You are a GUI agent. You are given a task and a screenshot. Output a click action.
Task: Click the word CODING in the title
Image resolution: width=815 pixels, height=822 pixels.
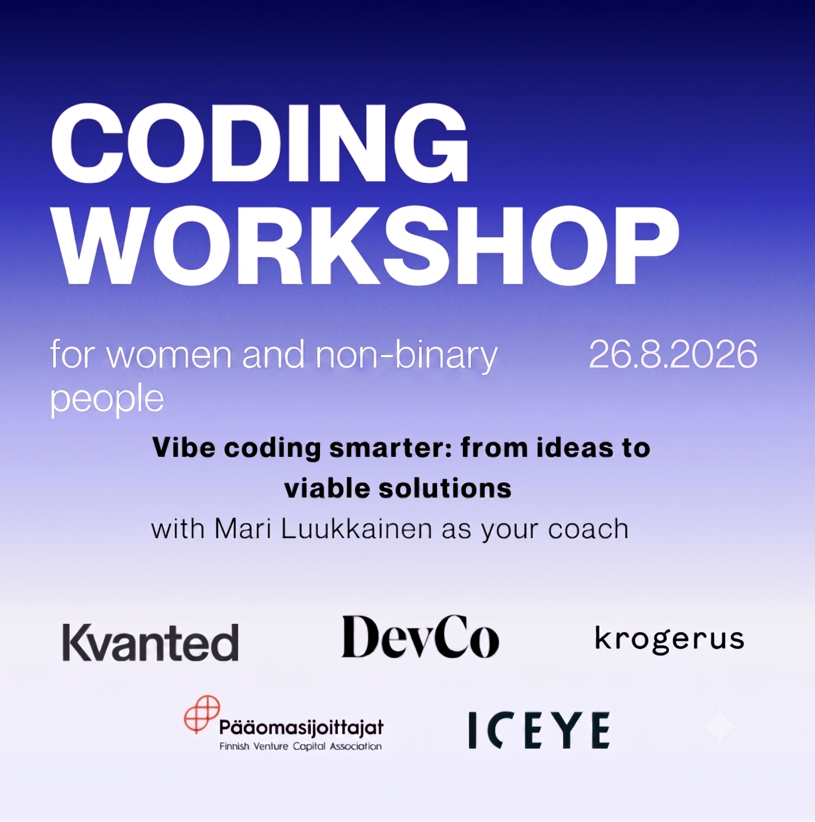point(260,143)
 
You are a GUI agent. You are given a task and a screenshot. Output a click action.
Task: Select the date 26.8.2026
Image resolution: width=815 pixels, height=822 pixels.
point(673,354)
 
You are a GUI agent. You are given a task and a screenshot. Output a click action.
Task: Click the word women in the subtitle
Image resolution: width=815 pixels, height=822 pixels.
point(169,355)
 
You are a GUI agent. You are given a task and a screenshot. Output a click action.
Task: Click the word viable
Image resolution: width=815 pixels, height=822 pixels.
point(326,488)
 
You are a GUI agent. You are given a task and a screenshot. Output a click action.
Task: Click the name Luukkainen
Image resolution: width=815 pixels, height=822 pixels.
point(356,529)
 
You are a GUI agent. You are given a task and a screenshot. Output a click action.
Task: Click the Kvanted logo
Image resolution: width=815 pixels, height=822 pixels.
point(150,642)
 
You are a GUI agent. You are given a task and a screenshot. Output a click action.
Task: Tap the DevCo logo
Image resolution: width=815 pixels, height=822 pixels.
point(420,636)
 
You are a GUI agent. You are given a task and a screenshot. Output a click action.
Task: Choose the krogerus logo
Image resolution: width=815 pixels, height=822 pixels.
point(670,640)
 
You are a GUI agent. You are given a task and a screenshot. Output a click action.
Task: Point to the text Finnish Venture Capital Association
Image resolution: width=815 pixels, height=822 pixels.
point(300,746)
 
